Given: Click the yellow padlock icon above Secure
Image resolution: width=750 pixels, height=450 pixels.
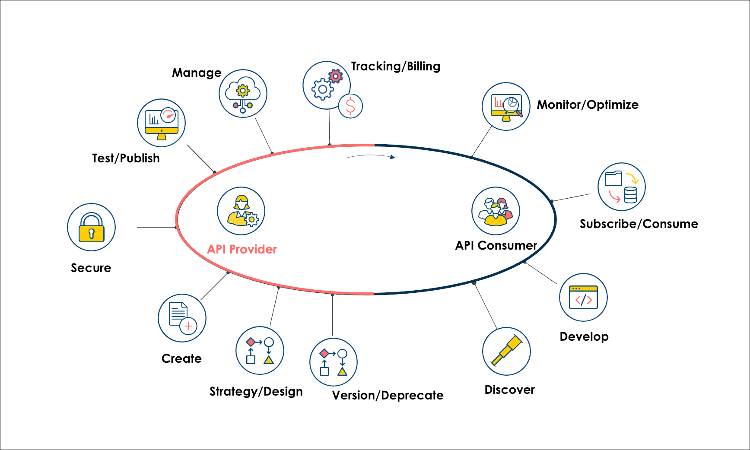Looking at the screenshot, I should click(x=91, y=228).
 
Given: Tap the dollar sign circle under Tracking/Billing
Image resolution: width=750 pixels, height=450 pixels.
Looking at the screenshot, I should click(x=350, y=106).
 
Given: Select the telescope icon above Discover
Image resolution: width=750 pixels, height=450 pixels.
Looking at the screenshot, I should click(x=506, y=351).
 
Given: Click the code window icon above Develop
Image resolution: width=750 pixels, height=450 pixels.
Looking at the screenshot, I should click(x=583, y=298).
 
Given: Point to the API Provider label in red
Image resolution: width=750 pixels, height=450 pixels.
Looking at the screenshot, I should click(x=242, y=249).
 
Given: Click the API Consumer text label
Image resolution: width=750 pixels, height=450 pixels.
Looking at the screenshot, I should click(x=496, y=245).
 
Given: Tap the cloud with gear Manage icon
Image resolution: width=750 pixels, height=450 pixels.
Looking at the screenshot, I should click(x=243, y=94).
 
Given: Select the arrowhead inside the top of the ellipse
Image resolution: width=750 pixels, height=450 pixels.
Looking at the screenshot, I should click(x=392, y=157).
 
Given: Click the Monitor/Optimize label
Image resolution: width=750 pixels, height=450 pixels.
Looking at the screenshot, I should click(x=587, y=105).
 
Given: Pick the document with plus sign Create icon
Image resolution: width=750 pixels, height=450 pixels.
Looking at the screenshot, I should click(x=182, y=318).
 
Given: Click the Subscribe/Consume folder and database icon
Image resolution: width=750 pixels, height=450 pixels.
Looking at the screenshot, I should click(x=621, y=187).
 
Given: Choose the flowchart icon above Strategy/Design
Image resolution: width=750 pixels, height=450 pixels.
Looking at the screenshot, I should click(x=260, y=351).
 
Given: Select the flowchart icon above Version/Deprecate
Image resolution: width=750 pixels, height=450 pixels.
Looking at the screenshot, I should click(x=333, y=362).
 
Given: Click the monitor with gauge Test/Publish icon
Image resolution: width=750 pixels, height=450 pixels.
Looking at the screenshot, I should click(x=161, y=123).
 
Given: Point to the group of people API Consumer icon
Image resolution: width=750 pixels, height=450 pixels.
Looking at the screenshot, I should click(x=496, y=211).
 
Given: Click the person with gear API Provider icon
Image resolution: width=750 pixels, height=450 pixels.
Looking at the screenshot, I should click(x=241, y=211).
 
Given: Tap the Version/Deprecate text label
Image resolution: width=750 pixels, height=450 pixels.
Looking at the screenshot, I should click(x=388, y=395).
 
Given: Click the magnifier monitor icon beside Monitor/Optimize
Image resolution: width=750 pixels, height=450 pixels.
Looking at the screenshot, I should click(x=506, y=107).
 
